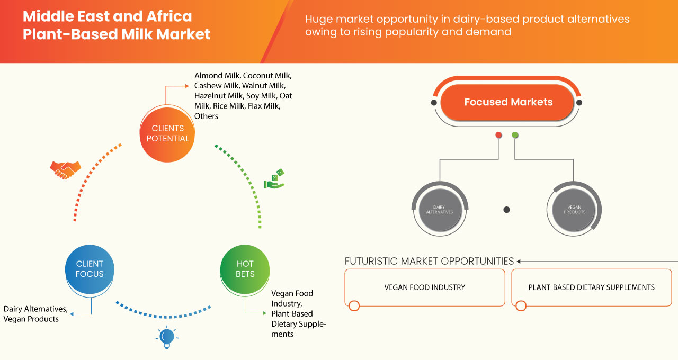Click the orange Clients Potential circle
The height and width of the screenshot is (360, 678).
[167, 133]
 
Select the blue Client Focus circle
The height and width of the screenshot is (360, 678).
[90, 269]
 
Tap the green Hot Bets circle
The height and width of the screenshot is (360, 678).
[245, 269]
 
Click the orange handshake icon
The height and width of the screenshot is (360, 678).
[65, 169]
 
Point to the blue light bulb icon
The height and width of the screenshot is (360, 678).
[167, 337]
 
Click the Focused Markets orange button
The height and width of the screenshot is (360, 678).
[508, 102]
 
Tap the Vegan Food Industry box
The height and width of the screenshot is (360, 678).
[424, 287]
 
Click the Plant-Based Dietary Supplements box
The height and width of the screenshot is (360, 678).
[591, 287]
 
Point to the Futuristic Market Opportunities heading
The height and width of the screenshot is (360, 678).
[429, 261]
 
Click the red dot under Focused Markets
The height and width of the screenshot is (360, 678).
[498, 135]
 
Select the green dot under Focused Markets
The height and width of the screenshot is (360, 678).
[515, 135]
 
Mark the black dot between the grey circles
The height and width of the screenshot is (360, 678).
[506, 210]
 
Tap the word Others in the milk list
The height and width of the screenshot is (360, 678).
[206, 116]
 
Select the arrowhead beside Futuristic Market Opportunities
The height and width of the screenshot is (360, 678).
[519, 261]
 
